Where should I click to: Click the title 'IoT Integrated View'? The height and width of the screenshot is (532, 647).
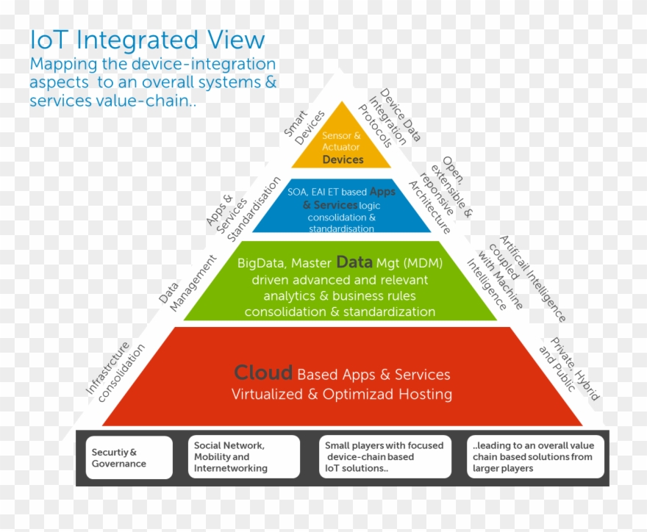point(147,40)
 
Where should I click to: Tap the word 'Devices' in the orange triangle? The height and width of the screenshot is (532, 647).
point(343,159)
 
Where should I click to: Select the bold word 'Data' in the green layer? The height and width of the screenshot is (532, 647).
point(354,262)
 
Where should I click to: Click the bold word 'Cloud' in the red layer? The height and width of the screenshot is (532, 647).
point(263,373)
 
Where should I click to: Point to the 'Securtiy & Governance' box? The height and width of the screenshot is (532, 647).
point(129,458)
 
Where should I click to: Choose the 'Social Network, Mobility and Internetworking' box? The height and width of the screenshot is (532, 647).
point(245,457)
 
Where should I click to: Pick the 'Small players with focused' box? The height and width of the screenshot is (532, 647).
point(385,457)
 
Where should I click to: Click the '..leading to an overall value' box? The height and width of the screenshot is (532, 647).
point(535,457)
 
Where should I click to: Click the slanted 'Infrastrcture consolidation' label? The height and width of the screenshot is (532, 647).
point(115,371)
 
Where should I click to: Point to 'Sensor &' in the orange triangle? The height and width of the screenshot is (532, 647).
point(341,136)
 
